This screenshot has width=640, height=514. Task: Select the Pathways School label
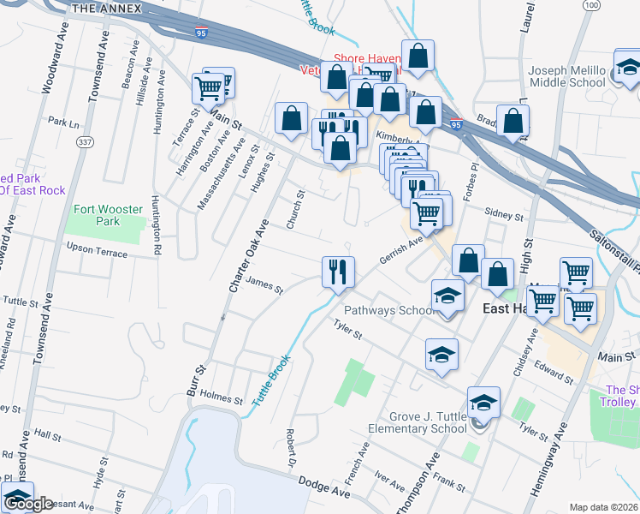[390, 310]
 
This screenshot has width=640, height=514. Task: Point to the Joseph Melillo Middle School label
[568, 76]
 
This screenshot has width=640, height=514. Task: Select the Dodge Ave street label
[326, 487]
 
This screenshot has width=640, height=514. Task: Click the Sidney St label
[503, 215]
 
